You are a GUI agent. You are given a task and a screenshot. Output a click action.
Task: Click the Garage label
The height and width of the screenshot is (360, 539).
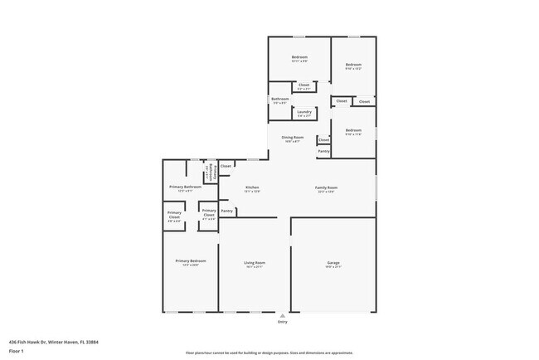click(x=333, y=263)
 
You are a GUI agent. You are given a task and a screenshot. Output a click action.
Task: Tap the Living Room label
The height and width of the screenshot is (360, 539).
click(x=255, y=263)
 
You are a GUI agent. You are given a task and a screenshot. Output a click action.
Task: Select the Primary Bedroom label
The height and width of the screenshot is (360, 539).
click(x=190, y=261)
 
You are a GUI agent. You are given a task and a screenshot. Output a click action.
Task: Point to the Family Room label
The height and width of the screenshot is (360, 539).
click(x=326, y=188)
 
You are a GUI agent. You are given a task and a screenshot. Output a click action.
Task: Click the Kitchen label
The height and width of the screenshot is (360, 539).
click(x=253, y=188)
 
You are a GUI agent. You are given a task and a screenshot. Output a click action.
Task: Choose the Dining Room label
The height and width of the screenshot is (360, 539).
click(x=293, y=137)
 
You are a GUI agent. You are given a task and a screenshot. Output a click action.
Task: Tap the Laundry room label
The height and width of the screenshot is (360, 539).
click(x=304, y=112)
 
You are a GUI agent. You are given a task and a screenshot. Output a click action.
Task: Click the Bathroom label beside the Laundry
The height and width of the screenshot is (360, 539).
click(x=280, y=100)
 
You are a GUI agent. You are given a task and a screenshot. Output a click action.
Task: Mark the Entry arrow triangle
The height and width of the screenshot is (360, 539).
click(x=283, y=316)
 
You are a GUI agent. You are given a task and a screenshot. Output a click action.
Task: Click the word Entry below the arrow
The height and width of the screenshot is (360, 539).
click(x=283, y=324)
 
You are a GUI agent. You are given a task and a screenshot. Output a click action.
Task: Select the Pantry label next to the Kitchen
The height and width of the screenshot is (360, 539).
click(x=226, y=211)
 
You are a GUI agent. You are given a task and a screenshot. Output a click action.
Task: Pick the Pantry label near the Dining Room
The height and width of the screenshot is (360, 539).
click(x=324, y=151)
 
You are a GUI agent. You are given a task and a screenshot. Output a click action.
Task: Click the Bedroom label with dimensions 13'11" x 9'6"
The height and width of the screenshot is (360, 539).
click(x=299, y=57)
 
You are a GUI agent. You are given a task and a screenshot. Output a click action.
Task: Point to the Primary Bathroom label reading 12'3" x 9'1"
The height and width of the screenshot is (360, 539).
click(x=186, y=187)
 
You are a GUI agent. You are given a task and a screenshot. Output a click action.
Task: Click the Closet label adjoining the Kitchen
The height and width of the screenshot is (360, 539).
click(x=226, y=166)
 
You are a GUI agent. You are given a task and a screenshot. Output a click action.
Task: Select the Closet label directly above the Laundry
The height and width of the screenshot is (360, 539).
click(x=303, y=85)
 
